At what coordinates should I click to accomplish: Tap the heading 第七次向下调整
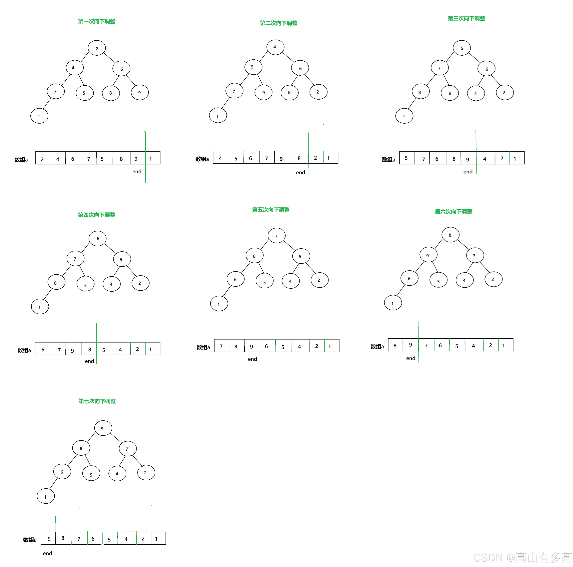97,401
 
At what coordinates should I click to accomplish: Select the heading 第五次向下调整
271,210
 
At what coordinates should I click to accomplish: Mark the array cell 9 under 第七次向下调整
49,539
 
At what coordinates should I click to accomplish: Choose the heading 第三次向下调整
466,18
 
